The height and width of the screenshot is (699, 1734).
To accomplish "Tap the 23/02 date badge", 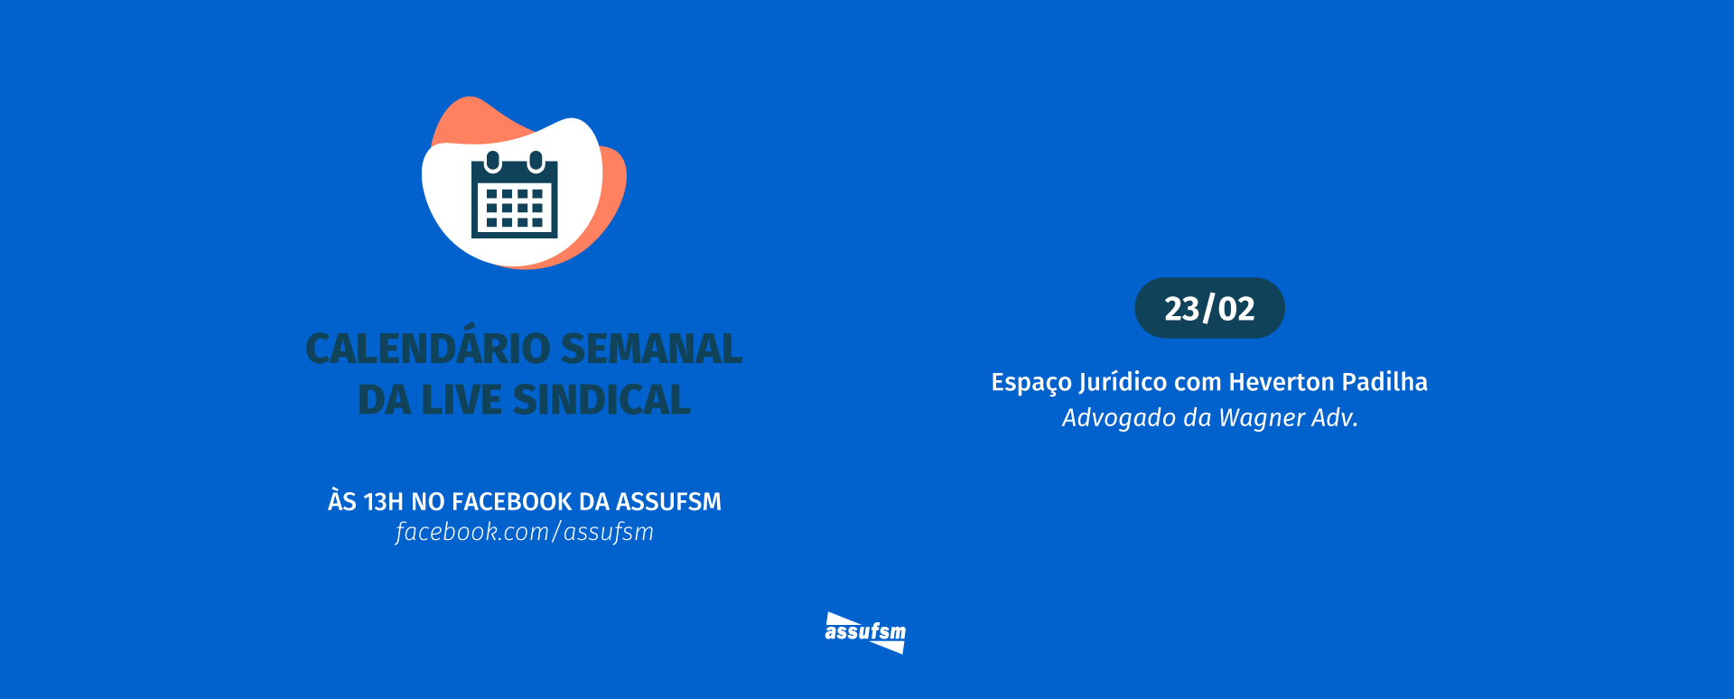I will pos(1209,308).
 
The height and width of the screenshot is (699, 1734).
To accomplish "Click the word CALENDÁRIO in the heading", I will pos(427,349).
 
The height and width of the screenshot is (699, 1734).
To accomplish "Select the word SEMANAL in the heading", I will pos(651,349).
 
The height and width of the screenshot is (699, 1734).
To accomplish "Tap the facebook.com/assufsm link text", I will pos(524,532).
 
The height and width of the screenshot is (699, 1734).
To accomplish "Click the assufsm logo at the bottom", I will pos(865,632).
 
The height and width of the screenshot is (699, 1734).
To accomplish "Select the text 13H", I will pos(383,501).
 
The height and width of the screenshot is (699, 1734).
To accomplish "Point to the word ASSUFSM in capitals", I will pos(668,501).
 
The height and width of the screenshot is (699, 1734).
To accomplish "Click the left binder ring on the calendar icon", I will pos(493,161).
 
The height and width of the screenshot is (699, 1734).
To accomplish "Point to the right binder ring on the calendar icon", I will pos(536,161).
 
